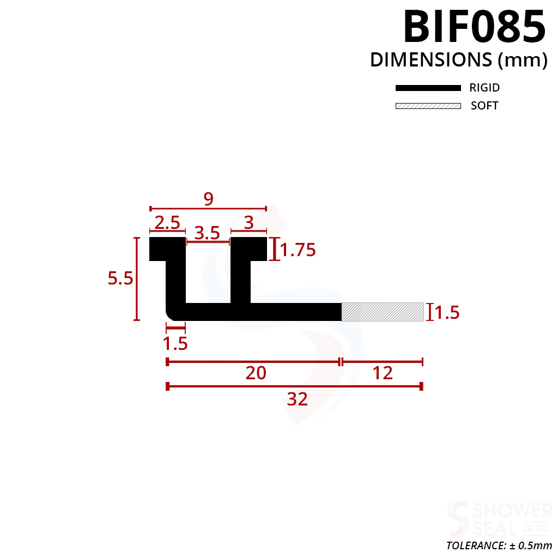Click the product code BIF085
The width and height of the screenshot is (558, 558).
[x=475, y=27]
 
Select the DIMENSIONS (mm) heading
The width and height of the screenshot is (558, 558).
[x=459, y=60]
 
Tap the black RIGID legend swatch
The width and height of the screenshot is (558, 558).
[x=428, y=88]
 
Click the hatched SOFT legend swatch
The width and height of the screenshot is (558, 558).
[x=428, y=106]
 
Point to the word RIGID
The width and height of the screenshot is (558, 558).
[x=484, y=88]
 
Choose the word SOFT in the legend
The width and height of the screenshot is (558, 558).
[x=484, y=106]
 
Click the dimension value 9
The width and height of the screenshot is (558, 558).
[x=209, y=198]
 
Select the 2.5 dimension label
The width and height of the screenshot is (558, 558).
[x=167, y=223]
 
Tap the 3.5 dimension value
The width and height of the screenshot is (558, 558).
[x=207, y=233]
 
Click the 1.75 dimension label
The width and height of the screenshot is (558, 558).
[x=298, y=250]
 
